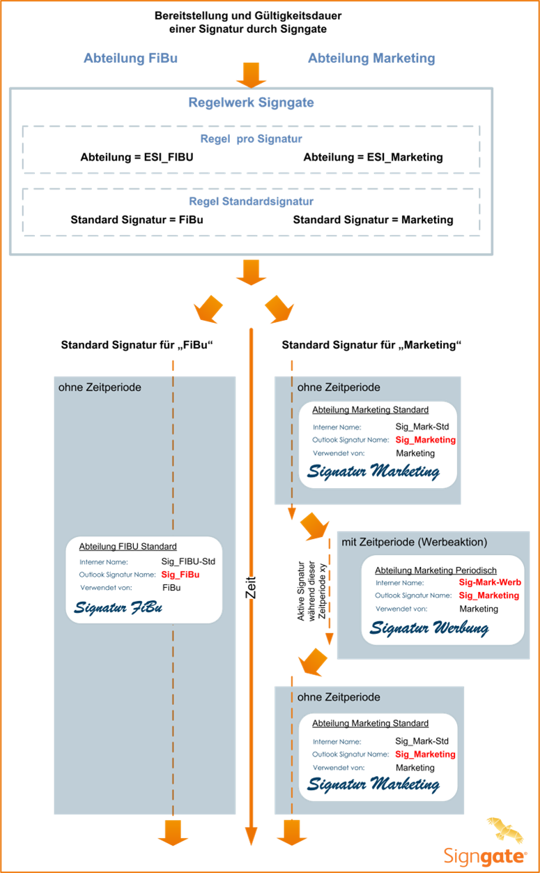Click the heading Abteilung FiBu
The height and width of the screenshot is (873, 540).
[x=130, y=58]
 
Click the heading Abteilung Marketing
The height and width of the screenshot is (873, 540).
[x=371, y=58]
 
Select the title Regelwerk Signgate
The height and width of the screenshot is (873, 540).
[x=251, y=103]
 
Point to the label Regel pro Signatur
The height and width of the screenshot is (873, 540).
[x=251, y=139]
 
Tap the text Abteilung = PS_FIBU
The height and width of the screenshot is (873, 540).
[x=137, y=157]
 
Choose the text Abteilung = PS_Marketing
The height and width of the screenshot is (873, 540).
[x=372, y=157]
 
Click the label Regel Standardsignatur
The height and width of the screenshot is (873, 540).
[x=251, y=202]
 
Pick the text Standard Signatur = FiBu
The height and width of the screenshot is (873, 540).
[x=137, y=220]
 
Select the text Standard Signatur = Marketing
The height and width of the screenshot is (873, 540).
[x=372, y=220]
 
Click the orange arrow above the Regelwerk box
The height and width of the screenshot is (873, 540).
[x=251, y=73]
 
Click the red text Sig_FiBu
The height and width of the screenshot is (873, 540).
[x=180, y=575]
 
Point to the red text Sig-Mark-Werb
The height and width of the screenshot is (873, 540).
[x=490, y=582]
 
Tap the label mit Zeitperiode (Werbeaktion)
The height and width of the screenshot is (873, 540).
[x=414, y=542]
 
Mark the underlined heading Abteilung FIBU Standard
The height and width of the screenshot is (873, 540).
[x=128, y=546]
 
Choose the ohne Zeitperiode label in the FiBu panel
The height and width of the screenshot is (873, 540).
[x=100, y=386]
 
